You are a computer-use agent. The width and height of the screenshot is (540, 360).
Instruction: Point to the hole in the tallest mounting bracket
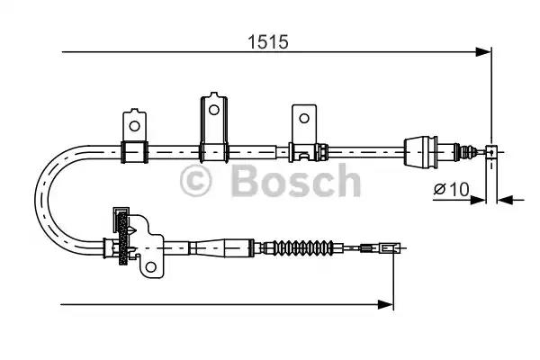[x=213, y=110]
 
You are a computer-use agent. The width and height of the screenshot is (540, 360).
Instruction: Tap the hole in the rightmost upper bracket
[x=303, y=117]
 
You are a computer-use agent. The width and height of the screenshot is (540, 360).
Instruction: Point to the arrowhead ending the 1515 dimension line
[x=486, y=52]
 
